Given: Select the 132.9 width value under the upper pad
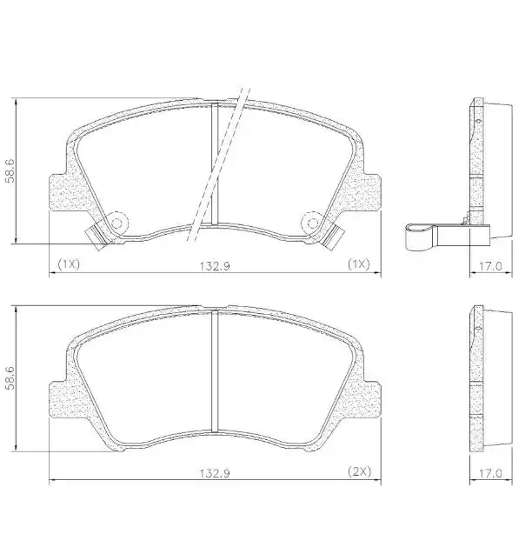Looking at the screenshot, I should tap(217, 264).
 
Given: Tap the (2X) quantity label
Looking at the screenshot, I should tap(360, 471).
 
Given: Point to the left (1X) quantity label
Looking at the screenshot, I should tap(69, 263).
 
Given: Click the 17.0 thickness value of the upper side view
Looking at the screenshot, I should tap(491, 264).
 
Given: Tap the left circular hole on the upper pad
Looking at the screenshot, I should tap(116, 224).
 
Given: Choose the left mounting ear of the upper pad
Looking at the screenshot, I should tap(62, 190).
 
